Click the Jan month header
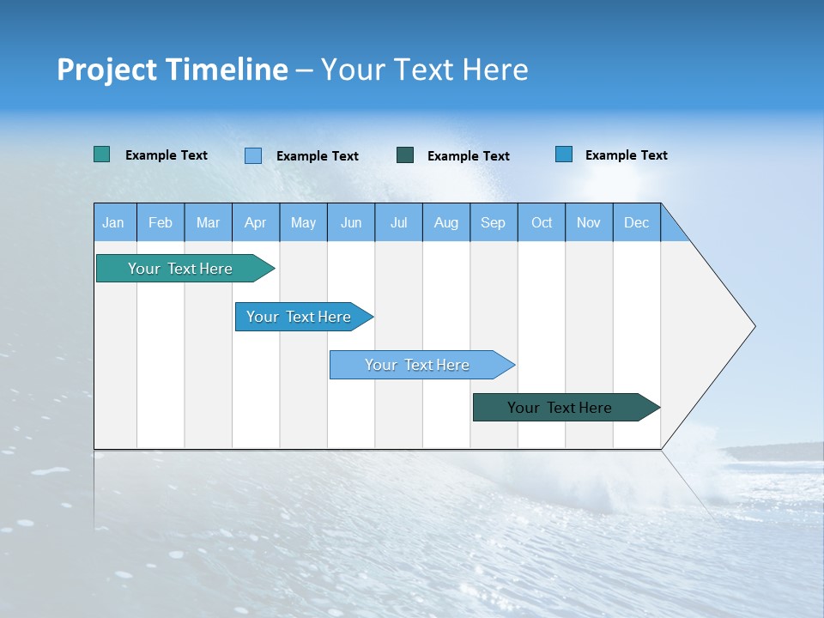[x=114, y=222]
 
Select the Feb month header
[x=161, y=222]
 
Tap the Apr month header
[x=256, y=222]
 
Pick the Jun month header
[x=351, y=222]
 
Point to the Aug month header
[x=446, y=222]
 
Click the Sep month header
[x=494, y=222]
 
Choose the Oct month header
[x=542, y=222]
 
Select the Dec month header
[x=637, y=222]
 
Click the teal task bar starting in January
[x=180, y=269]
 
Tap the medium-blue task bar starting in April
[x=299, y=317]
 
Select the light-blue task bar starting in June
[x=417, y=365]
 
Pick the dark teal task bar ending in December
[x=560, y=408]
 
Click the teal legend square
[x=101, y=154]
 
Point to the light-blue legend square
[x=253, y=155]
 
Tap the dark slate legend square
[x=405, y=155]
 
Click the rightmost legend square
[x=564, y=154]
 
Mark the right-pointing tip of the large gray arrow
[x=753, y=326]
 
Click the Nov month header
[x=589, y=222]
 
